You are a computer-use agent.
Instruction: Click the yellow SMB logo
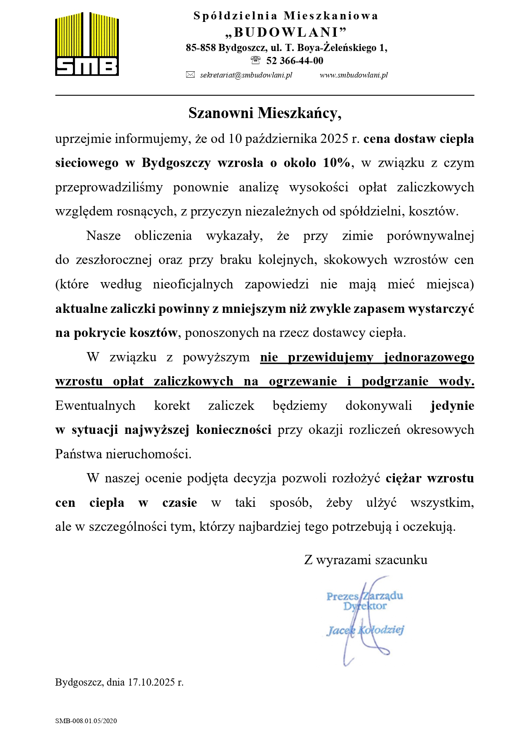(x=87, y=44)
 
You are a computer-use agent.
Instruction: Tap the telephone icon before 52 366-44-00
(x=255, y=60)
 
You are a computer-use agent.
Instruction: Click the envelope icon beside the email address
(x=190, y=75)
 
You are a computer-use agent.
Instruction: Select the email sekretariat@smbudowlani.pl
(x=246, y=75)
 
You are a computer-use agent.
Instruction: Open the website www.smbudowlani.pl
(x=354, y=75)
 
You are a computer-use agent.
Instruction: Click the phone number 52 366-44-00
(x=295, y=61)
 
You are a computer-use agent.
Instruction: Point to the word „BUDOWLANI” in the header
(x=286, y=32)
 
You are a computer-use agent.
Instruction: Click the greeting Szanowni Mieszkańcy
(x=264, y=113)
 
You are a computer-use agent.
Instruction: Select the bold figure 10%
(x=336, y=163)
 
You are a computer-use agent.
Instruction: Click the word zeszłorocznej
(x=114, y=260)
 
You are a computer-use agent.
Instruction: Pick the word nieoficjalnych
(x=193, y=284)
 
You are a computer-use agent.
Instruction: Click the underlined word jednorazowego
(x=429, y=357)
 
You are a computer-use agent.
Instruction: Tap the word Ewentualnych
(x=95, y=406)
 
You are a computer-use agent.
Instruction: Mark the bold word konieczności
(x=233, y=430)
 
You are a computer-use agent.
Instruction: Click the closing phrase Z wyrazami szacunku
(x=365, y=560)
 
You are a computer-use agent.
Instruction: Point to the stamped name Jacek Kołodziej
(x=365, y=630)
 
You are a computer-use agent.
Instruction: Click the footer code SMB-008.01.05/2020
(x=86, y=721)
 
